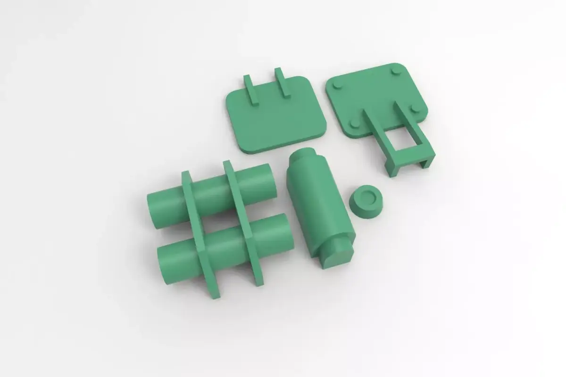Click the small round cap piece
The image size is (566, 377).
(x=366, y=202)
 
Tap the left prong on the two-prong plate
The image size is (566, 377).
(x=250, y=88)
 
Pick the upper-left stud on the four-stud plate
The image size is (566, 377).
(x=338, y=85)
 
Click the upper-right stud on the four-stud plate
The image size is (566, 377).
(x=395, y=71)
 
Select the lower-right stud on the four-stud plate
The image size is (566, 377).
(x=415, y=109)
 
